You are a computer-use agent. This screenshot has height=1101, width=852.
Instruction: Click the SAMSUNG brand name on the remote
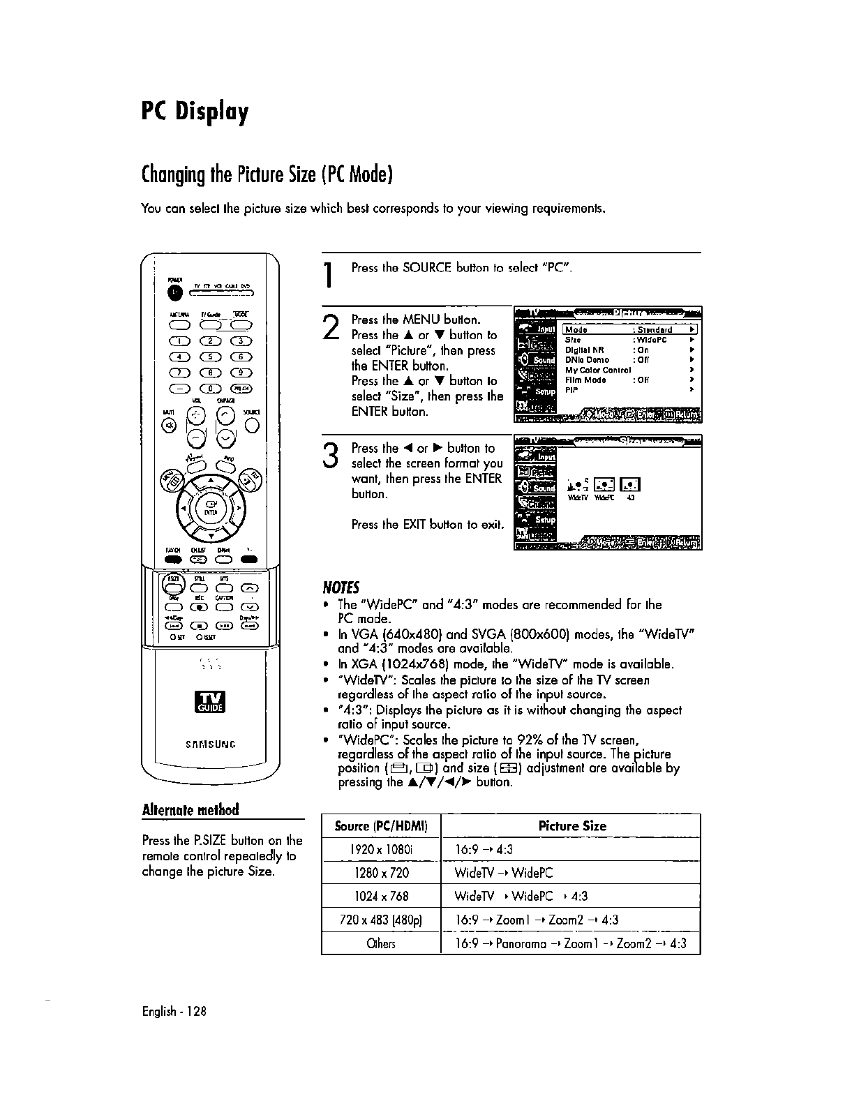click(210, 744)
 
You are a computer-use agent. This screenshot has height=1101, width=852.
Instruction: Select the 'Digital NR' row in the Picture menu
click(585, 350)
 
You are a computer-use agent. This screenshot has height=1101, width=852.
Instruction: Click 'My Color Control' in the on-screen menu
click(597, 370)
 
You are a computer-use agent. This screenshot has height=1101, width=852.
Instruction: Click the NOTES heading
click(339, 585)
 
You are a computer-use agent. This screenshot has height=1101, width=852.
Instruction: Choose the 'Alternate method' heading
click(190, 809)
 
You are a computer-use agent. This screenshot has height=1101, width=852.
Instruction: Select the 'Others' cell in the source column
click(381, 944)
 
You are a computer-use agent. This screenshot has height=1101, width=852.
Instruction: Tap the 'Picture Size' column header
click(572, 826)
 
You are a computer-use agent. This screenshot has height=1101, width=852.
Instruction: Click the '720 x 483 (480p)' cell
click(381, 920)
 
